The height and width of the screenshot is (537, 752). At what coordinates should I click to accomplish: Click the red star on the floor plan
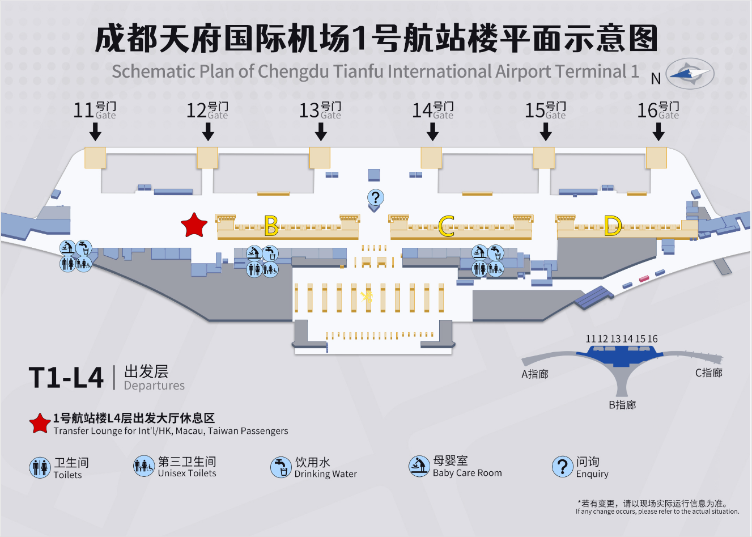[x=194, y=226]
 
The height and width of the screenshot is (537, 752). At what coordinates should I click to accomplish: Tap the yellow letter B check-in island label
[x=271, y=226]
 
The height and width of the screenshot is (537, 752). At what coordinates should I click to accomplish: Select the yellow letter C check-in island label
[x=447, y=226]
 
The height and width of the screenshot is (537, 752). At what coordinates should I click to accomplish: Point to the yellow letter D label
[x=613, y=226]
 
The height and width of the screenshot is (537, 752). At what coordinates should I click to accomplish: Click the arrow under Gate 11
[x=96, y=132]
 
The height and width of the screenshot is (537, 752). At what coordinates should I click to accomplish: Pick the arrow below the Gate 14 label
[x=433, y=132]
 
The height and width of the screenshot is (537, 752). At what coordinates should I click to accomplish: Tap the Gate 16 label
[x=658, y=110]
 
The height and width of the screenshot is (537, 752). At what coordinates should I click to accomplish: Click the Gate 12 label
[x=207, y=110]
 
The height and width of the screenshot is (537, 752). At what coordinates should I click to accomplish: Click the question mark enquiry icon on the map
[x=375, y=198]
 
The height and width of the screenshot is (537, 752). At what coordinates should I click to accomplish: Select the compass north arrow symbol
[x=690, y=74]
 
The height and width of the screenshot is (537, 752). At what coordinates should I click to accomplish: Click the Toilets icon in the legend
[x=40, y=467]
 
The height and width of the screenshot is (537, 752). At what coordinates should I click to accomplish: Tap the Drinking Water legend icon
[x=281, y=467]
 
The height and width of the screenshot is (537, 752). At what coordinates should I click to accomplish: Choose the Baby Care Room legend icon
[x=419, y=466]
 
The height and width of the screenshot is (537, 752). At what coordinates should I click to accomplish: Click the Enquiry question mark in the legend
[x=562, y=466]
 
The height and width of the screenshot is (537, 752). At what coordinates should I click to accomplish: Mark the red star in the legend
[x=40, y=424]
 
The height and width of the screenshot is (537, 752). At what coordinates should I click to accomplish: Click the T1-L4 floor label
[x=66, y=378]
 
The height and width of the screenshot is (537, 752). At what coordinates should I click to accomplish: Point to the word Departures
[x=154, y=386]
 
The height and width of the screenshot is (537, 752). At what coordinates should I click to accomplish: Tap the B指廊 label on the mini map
[x=622, y=405]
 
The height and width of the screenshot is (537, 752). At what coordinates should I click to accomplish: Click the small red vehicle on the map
[x=644, y=278]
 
